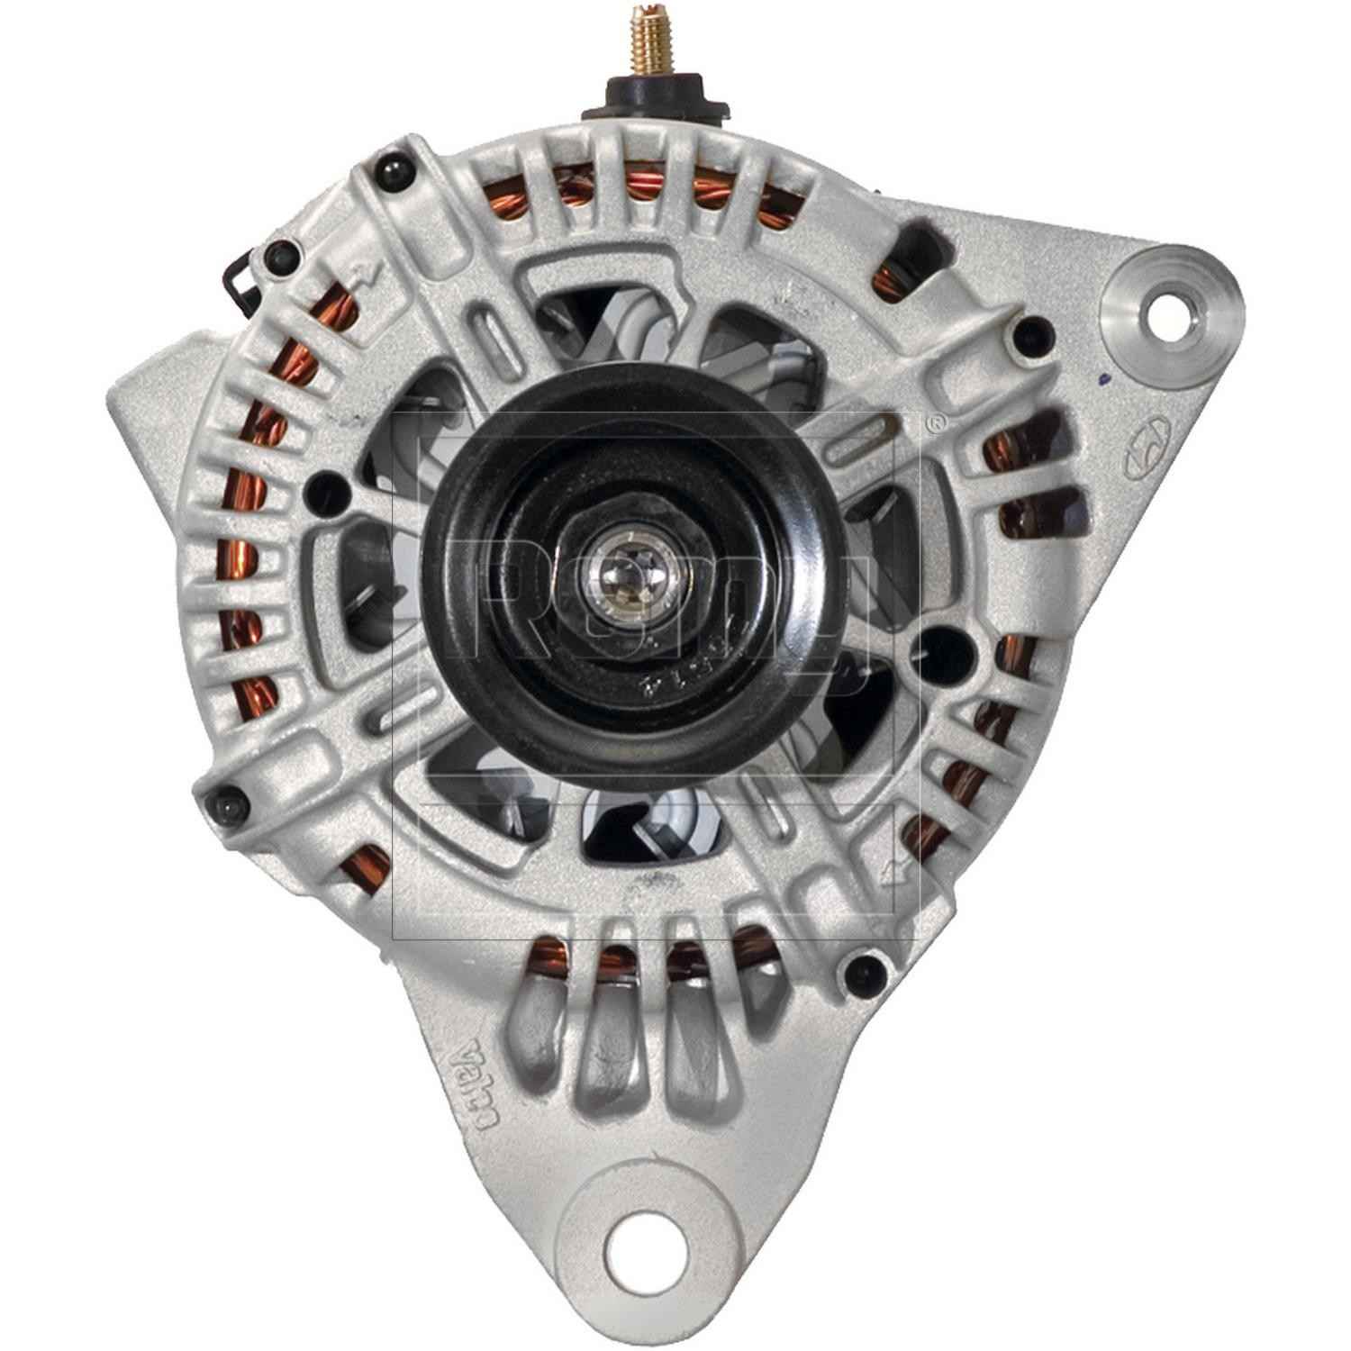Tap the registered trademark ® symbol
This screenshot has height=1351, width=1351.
tap(937, 421)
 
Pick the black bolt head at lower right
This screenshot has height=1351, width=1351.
tap(860, 970)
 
